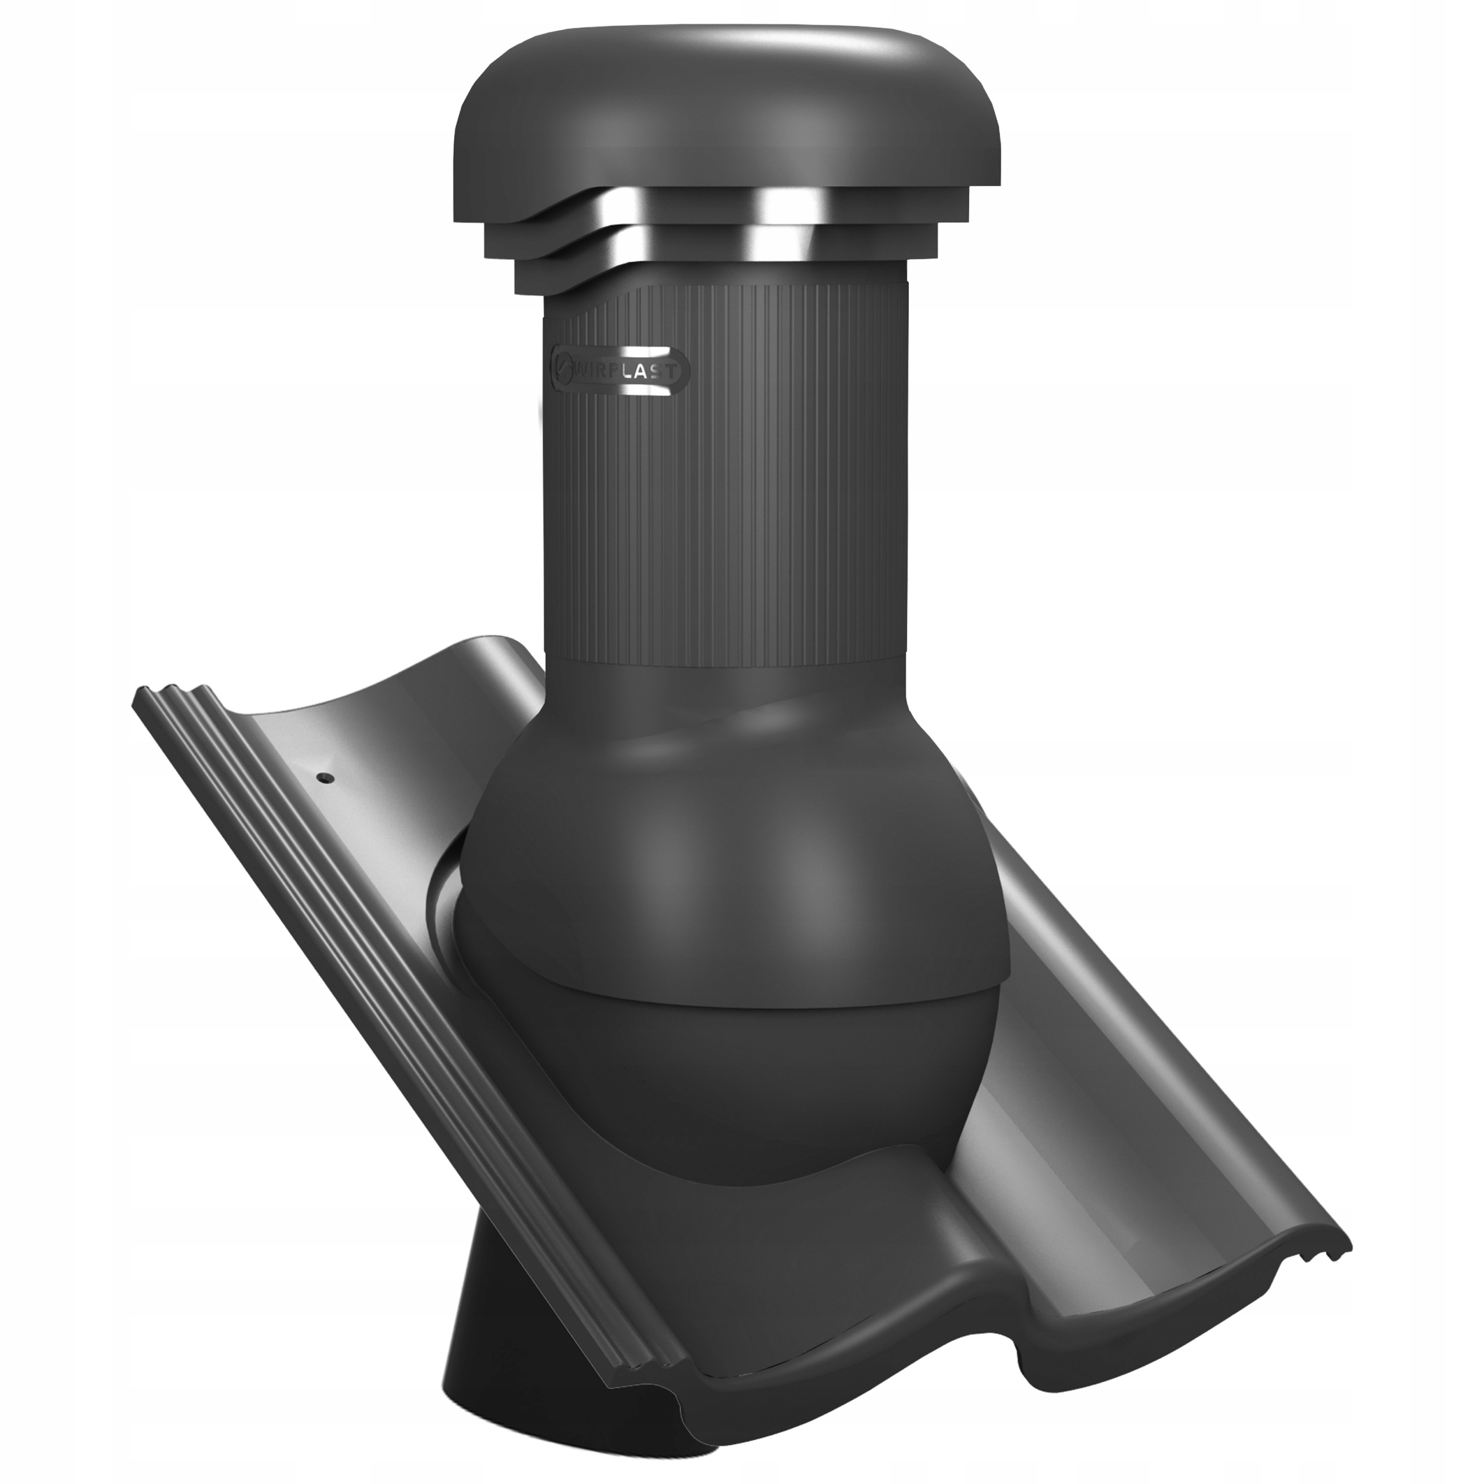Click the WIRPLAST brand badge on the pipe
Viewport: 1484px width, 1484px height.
click(622, 372)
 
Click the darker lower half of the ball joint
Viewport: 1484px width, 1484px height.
click(730, 1075)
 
